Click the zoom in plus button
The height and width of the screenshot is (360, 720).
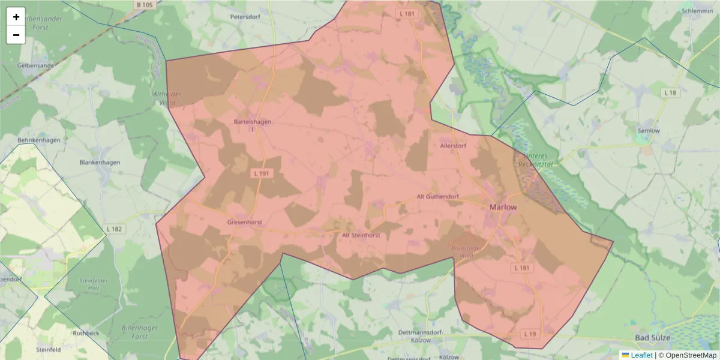[16, 17]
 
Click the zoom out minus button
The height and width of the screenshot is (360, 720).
[16, 35]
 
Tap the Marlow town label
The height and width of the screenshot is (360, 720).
[503, 207]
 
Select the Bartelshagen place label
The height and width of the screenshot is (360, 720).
[253, 122]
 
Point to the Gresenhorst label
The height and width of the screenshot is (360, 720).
[245, 222]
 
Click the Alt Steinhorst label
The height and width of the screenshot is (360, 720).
[361, 235]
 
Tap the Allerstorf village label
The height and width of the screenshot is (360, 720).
[453, 146]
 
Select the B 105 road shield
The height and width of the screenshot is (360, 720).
[145, 5]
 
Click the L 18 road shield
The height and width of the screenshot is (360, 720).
[671, 92]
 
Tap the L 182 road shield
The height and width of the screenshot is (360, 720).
[114, 229]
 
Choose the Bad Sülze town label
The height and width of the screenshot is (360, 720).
[650, 338]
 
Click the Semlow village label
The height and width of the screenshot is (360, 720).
[649, 130]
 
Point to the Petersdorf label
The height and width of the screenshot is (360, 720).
[245, 17]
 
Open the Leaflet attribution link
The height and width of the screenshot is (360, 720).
[641, 355]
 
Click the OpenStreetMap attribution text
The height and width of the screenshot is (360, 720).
[691, 355]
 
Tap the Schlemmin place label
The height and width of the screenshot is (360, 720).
[697, 11]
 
